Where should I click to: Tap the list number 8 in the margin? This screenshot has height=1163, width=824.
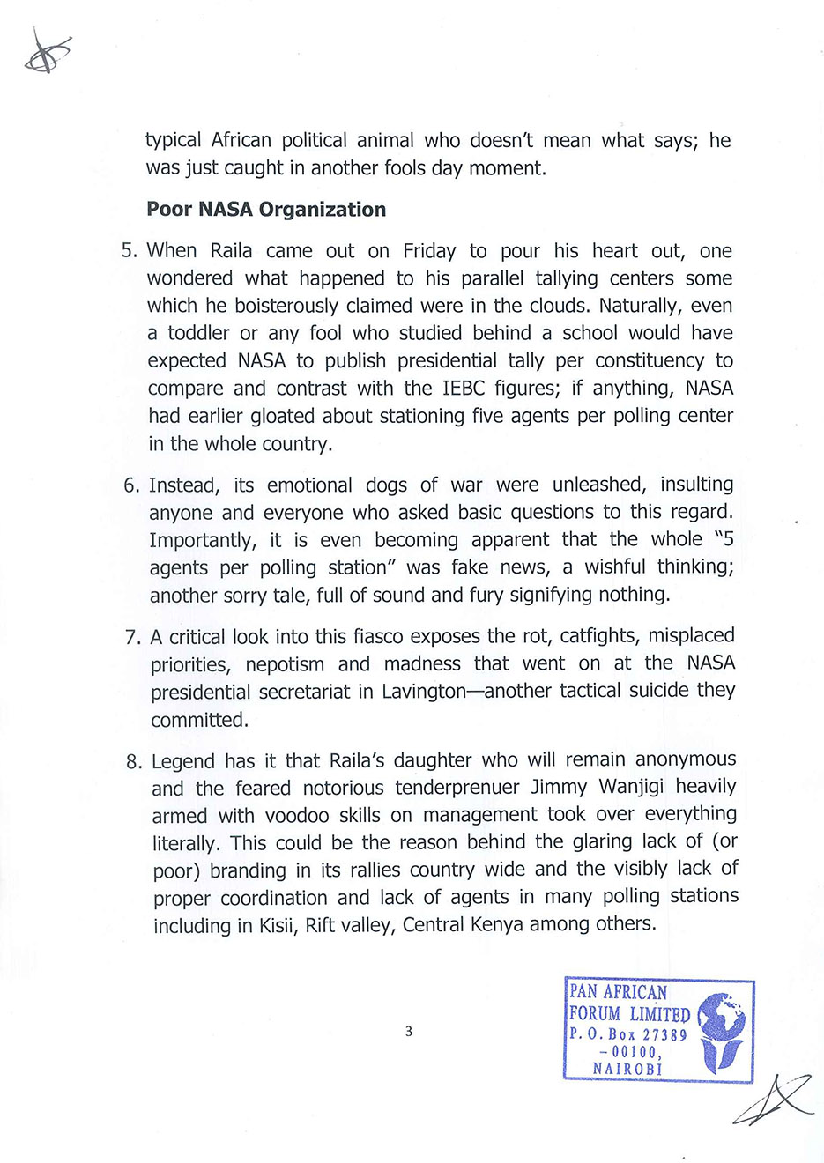pyautogui.click(x=133, y=761)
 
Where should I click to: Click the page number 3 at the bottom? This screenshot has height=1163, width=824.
pyautogui.click(x=409, y=1031)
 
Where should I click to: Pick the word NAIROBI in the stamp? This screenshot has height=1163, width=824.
pyautogui.click(x=627, y=1069)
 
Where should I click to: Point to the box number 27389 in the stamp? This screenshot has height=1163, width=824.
pyautogui.click(x=664, y=1035)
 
